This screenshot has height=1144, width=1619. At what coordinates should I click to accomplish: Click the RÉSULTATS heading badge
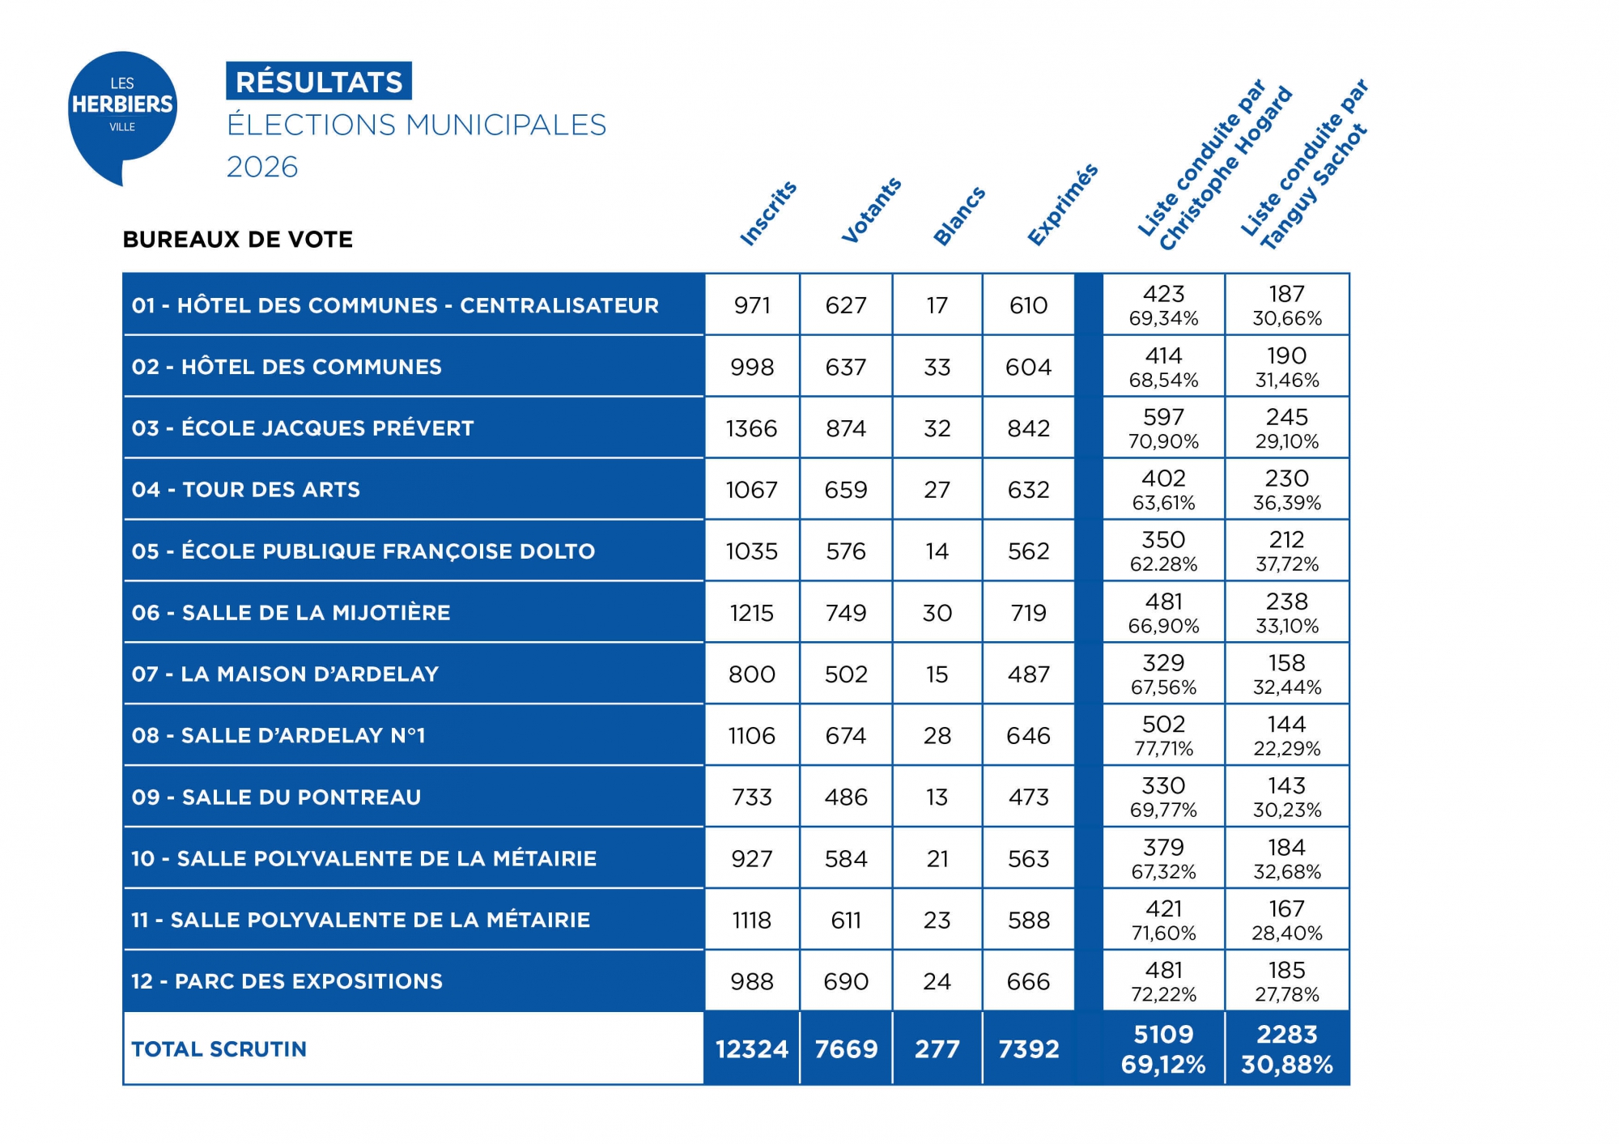319,82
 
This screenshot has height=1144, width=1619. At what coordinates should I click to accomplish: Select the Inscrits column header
768,213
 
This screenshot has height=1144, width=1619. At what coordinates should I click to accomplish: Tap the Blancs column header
959,215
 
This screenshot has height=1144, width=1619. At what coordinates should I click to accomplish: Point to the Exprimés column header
1062,204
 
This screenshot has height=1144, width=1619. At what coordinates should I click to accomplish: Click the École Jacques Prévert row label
303,428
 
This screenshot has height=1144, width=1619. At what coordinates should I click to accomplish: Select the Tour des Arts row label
246,490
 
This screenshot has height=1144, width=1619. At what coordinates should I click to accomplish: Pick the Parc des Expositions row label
287,981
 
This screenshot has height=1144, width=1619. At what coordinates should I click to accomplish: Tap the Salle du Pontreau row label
276,797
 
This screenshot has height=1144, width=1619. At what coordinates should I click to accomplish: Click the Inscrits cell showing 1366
751,428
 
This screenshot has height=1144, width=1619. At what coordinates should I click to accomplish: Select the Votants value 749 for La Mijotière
846,613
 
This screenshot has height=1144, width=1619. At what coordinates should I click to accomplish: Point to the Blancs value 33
937,368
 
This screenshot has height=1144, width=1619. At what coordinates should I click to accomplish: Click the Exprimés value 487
1028,674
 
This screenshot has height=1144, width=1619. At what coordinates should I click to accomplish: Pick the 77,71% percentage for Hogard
1163,749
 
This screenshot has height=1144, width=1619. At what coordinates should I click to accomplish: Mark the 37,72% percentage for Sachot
1286,564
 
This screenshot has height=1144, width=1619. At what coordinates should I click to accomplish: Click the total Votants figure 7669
846,1049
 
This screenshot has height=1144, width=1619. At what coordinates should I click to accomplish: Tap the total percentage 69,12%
1163,1065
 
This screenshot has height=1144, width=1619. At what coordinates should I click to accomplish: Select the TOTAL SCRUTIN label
219,1049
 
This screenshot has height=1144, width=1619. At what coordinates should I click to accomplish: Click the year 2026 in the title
262,167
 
